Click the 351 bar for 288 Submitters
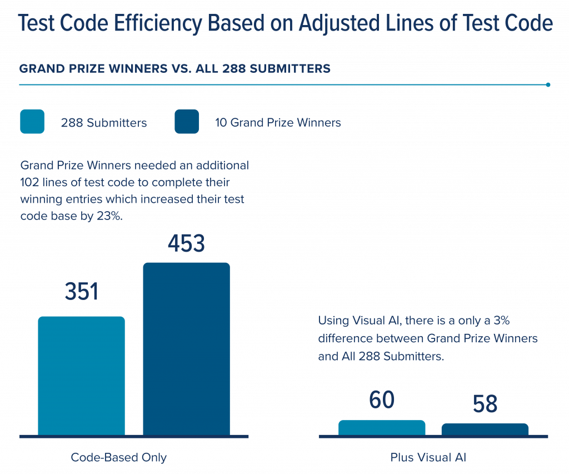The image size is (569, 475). coord(81,375)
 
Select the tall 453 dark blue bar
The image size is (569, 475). coord(186,348)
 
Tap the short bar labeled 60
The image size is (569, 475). coord(382,427)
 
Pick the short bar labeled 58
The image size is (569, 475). coord(485,429)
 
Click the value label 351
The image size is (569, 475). coord(82,292)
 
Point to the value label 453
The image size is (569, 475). coord(186,244)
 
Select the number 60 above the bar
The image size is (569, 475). coord(382,401)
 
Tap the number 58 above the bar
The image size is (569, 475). coord(485,404)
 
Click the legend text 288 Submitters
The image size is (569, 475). coord(104,123)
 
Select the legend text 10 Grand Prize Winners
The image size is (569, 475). coord(278,123)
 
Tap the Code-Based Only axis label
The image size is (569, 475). coord(119,458)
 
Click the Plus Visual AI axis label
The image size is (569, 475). coord(428,458)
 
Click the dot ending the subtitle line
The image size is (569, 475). coord(548,85)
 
